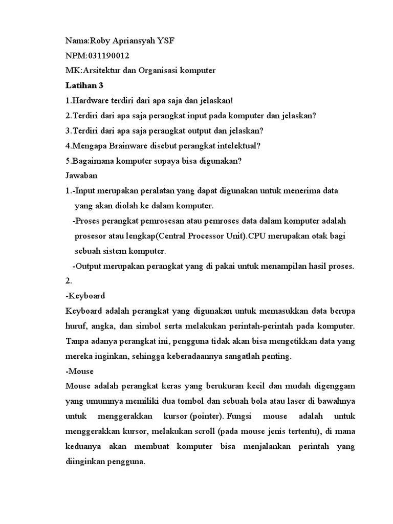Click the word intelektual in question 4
(x=236, y=146)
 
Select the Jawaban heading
(x=81, y=175)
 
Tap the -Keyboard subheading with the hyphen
(x=85, y=296)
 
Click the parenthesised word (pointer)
(x=208, y=416)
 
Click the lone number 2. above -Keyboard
(x=70, y=281)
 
